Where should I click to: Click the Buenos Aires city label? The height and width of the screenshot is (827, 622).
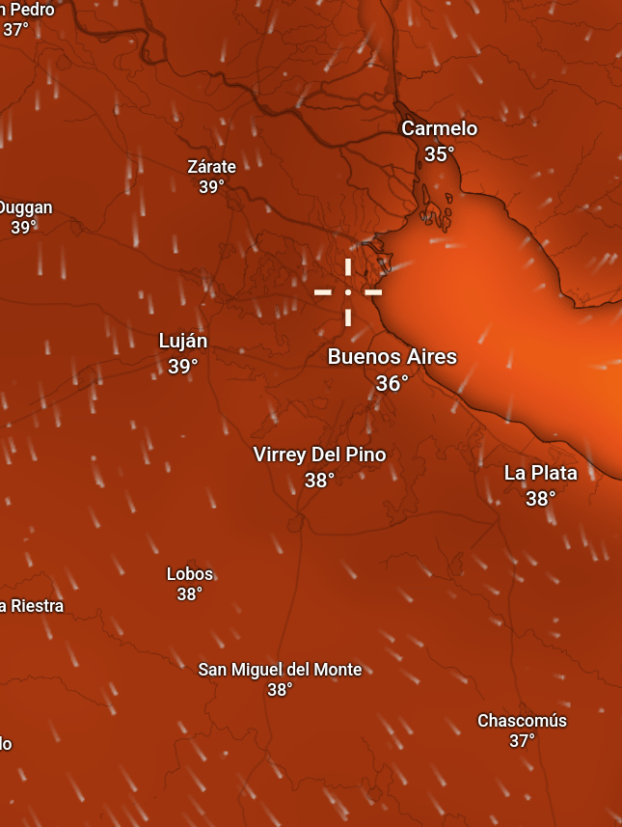click(392, 357)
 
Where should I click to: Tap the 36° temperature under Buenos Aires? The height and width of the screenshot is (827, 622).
click(392, 384)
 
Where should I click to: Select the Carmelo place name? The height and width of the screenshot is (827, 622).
click(439, 128)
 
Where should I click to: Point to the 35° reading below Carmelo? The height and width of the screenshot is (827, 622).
click(439, 154)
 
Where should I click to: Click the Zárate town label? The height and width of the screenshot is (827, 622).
click(211, 166)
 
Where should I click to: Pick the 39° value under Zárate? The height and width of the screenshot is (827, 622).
click(211, 187)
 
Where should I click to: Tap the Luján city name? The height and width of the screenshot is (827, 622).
click(182, 341)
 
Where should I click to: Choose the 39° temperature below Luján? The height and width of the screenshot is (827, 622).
click(182, 367)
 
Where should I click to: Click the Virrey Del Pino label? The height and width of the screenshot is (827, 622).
click(319, 455)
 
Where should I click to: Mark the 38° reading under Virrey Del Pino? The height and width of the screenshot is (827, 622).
click(319, 480)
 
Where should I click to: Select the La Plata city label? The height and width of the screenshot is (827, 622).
click(540, 473)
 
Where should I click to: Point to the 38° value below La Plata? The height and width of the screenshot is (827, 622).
click(540, 499)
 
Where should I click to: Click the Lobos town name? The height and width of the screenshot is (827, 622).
click(189, 574)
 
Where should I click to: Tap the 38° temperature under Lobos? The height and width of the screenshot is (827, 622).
click(189, 594)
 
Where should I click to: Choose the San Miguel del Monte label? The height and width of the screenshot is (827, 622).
click(280, 670)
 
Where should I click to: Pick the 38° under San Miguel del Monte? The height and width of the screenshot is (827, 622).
click(280, 690)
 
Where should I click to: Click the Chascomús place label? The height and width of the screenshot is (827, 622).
click(522, 721)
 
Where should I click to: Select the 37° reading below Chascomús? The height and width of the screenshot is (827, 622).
click(522, 741)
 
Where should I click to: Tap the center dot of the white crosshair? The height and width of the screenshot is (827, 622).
click(348, 290)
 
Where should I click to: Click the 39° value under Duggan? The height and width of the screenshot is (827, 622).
click(23, 228)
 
